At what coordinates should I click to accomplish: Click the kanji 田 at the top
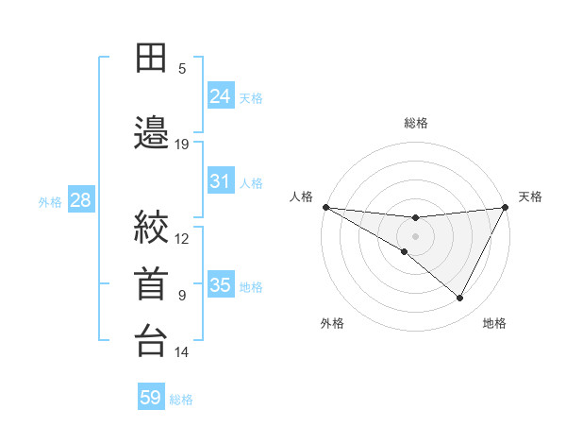click(x=152, y=58)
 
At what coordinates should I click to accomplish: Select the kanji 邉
click(x=152, y=133)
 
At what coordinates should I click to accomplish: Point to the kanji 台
click(x=152, y=341)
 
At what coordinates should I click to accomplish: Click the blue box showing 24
click(x=221, y=96)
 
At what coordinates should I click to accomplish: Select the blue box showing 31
click(x=221, y=181)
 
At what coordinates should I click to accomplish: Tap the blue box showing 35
click(x=221, y=285)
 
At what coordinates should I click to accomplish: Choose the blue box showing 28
click(x=80, y=200)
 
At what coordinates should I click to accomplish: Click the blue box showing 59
click(x=151, y=398)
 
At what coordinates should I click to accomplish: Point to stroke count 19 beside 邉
click(x=182, y=145)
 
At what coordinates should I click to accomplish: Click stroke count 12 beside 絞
click(x=182, y=238)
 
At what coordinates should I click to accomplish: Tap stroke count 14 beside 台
click(x=182, y=352)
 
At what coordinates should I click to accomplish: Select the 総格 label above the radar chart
click(x=416, y=123)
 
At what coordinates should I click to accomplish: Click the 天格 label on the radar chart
click(x=530, y=196)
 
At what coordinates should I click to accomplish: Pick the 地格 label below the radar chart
click(x=494, y=323)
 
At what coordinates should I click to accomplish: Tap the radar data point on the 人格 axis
click(x=325, y=207)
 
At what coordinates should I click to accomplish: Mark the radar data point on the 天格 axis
click(x=506, y=207)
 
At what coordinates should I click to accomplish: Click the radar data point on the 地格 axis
click(x=460, y=299)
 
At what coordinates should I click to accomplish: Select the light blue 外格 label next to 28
click(x=50, y=201)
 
